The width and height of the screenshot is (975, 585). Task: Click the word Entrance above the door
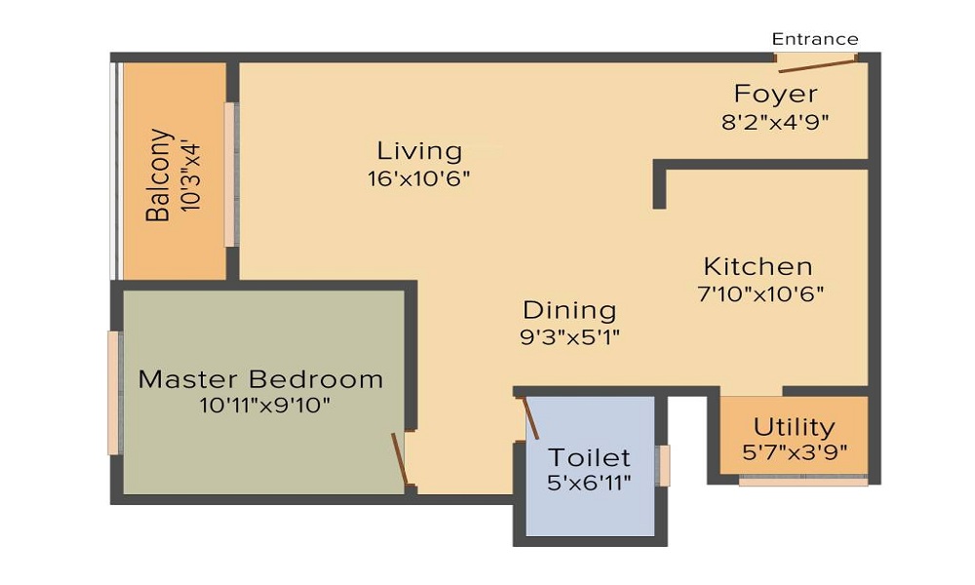click(x=814, y=39)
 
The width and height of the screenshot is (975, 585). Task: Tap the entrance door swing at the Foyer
click(x=816, y=64)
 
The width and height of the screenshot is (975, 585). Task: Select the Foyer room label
click(x=775, y=94)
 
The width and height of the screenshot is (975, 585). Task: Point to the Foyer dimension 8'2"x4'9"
click(x=775, y=122)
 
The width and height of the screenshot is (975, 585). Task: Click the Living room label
click(x=419, y=151)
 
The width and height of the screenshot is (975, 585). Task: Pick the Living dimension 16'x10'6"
click(x=419, y=179)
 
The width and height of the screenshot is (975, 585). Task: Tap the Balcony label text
click(x=158, y=175)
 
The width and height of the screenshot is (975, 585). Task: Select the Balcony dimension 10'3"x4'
click(x=191, y=177)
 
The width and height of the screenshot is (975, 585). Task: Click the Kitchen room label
click(x=758, y=267)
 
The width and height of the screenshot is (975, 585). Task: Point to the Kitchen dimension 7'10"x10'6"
click(x=761, y=293)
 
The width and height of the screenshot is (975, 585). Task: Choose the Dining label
click(x=569, y=310)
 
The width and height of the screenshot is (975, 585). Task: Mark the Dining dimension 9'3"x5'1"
click(x=569, y=337)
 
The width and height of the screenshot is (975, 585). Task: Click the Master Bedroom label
click(x=260, y=379)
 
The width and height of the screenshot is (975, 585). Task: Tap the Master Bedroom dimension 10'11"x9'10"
click(x=264, y=406)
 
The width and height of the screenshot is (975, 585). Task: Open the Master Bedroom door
click(x=400, y=458)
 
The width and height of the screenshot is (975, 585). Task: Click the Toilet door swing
click(x=530, y=417)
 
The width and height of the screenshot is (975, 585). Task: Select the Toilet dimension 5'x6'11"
click(x=590, y=483)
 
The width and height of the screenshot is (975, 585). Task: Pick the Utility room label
click(x=794, y=428)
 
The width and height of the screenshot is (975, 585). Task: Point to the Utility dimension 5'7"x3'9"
click(x=795, y=452)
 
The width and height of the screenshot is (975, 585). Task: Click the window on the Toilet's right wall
click(x=663, y=466)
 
